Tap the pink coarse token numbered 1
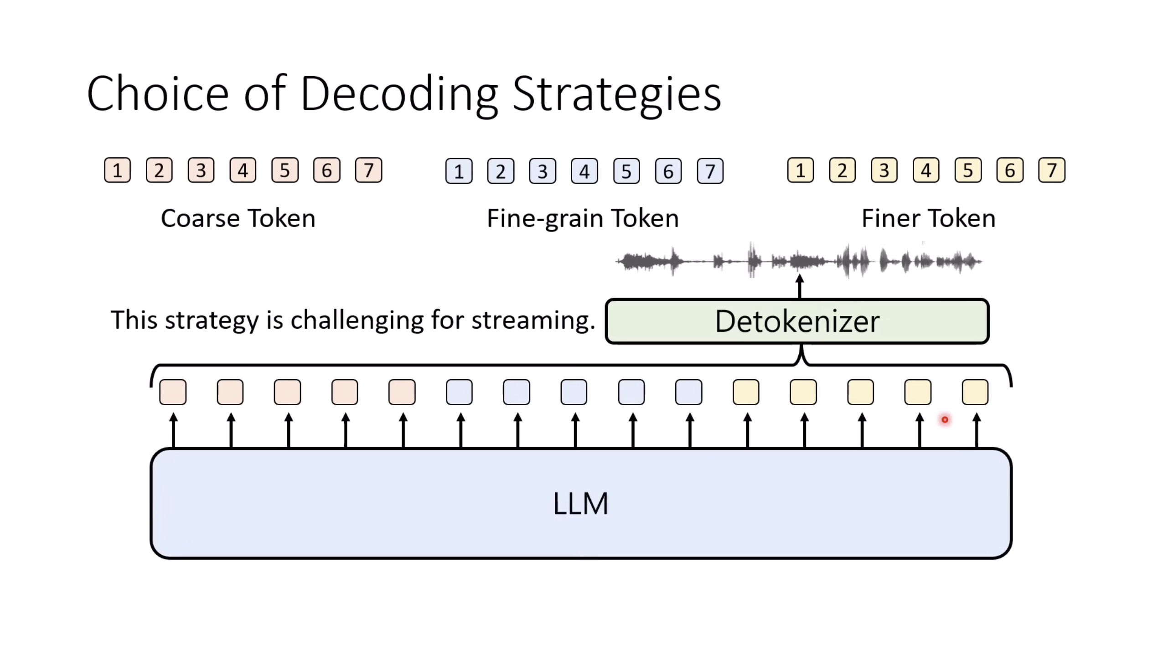(117, 170)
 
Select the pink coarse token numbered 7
(368, 170)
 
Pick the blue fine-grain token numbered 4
(584, 171)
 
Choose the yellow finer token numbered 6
(1009, 170)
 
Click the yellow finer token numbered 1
(800, 170)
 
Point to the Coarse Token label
(238, 218)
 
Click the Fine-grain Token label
(583, 218)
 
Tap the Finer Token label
(928, 218)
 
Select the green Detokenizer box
(797, 321)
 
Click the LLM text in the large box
(580, 504)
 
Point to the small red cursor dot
(945, 419)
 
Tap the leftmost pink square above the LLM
(173, 392)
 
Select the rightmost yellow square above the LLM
(975, 392)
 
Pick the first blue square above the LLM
(459, 392)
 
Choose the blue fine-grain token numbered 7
(710, 171)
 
